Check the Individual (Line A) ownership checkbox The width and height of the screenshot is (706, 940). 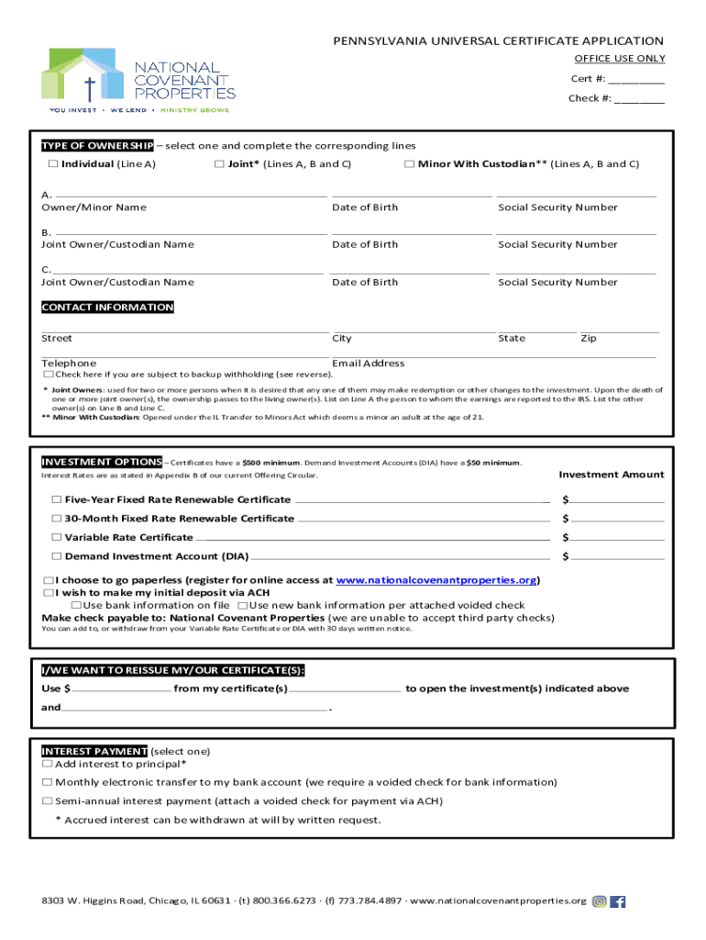tap(53, 164)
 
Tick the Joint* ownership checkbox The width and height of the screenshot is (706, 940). tap(219, 164)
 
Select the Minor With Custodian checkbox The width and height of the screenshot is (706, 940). tap(409, 164)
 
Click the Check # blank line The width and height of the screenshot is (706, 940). tap(639, 99)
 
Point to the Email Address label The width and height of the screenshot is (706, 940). tap(368, 364)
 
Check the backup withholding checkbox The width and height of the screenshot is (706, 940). tap(49, 375)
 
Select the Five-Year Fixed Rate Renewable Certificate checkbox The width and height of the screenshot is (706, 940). tap(57, 500)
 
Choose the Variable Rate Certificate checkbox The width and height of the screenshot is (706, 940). tap(57, 538)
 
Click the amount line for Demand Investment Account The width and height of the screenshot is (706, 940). tap(617, 556)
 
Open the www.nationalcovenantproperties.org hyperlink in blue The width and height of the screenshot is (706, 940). tap(436, 581)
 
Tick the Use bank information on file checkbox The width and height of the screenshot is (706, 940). tap(77, 606)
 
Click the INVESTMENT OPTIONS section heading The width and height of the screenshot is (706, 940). tap(102, 462)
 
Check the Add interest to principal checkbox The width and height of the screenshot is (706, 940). tap(48, 764)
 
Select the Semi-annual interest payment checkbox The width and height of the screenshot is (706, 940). tap(48, 801)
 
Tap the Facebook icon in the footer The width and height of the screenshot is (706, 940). tap(618, 901)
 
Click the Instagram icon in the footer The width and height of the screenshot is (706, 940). tap(600, 901)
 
